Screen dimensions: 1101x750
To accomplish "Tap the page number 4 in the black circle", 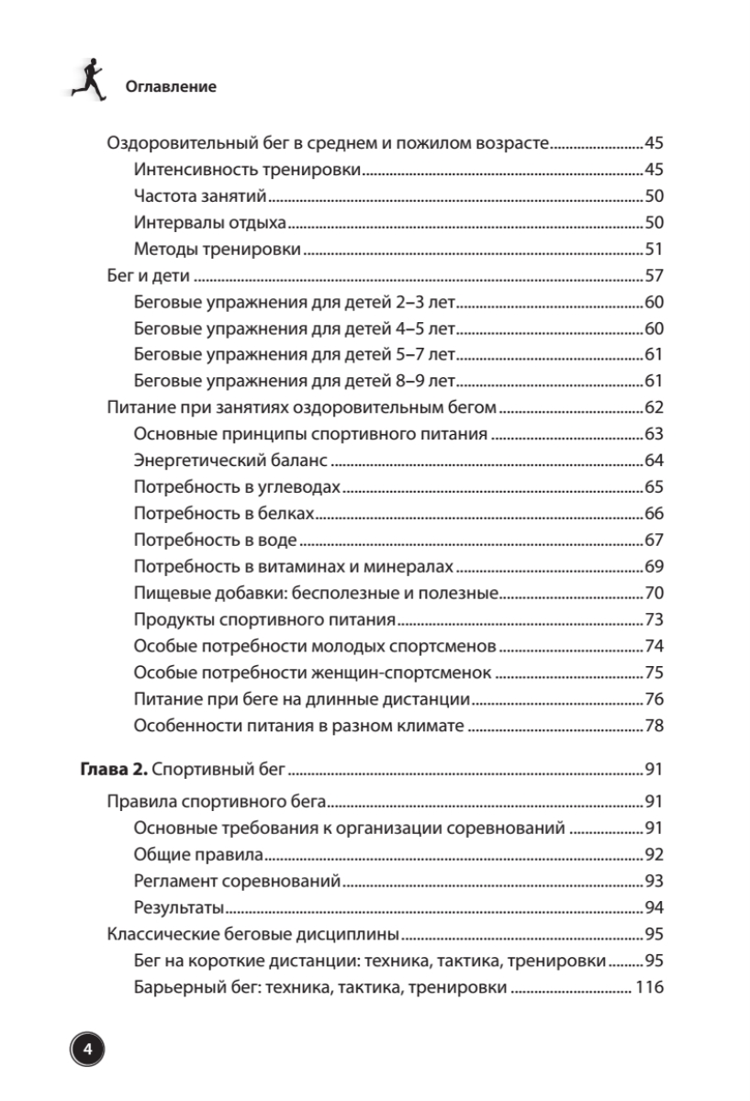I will [87, 1050].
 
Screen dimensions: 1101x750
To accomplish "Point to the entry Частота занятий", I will [199, 196].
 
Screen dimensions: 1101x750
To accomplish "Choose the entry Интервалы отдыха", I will [210, 223].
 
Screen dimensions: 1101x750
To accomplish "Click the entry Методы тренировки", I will [217, 250].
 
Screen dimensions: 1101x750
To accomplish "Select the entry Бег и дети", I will [148, 276].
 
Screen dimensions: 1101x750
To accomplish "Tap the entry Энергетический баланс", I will [230, 462].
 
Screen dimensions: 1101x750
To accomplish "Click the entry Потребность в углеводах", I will [237, 488].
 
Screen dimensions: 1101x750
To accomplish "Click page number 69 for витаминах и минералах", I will [654, 568].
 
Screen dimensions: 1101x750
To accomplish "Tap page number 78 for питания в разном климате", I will [654, 728].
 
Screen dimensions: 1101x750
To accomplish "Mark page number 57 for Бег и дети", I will [654, 276].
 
